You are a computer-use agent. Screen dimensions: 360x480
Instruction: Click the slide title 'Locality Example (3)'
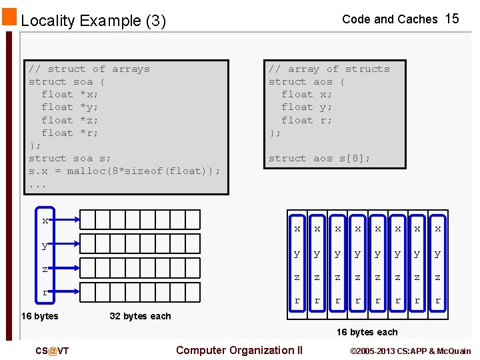coord(93,21)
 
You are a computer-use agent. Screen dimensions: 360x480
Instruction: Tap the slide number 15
coord(452,19)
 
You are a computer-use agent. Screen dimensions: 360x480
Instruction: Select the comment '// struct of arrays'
coord(89,69)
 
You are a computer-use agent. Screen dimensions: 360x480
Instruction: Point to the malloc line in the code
coord(124,171)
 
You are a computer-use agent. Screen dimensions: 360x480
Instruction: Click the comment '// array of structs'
coord(329,69)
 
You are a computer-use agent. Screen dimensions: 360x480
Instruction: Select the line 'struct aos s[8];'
coord(319,158)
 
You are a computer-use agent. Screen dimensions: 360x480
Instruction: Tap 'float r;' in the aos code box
coord(307,120)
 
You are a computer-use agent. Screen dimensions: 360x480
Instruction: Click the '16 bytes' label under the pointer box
coord(39,316)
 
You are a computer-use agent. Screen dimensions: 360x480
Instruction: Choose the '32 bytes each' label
coord(140,316)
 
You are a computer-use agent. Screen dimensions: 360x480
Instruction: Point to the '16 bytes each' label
coord(367,332)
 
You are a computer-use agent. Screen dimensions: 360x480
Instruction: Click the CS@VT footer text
coord(53,351)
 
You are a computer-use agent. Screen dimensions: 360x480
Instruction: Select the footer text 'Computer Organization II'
coord(239,351)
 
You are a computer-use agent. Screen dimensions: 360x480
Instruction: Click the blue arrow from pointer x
coord(67,219)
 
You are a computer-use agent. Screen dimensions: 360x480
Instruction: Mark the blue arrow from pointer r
coord(67,292)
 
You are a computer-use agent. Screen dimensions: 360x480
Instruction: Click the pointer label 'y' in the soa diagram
coord(45,245)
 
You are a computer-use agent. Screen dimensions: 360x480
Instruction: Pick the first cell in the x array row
coord(88,219)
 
